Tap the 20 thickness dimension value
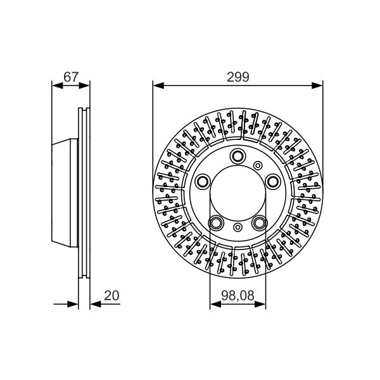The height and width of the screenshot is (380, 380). (111, 296)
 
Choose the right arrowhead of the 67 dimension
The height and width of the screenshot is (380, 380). (86, 85)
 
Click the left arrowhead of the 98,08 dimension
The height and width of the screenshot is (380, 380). (213, 304)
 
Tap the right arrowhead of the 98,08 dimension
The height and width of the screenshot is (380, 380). (262, 304)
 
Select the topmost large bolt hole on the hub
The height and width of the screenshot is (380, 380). (238, 156)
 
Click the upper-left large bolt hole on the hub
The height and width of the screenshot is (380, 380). (202, 182)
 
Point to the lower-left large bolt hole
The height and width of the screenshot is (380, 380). (216, 223)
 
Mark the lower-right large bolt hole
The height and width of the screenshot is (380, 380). (260, 223)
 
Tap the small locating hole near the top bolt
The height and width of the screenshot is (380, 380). (257, 165)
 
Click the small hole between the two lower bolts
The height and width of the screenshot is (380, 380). (237, 227)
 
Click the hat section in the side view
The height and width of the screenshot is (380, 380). (65, 193)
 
